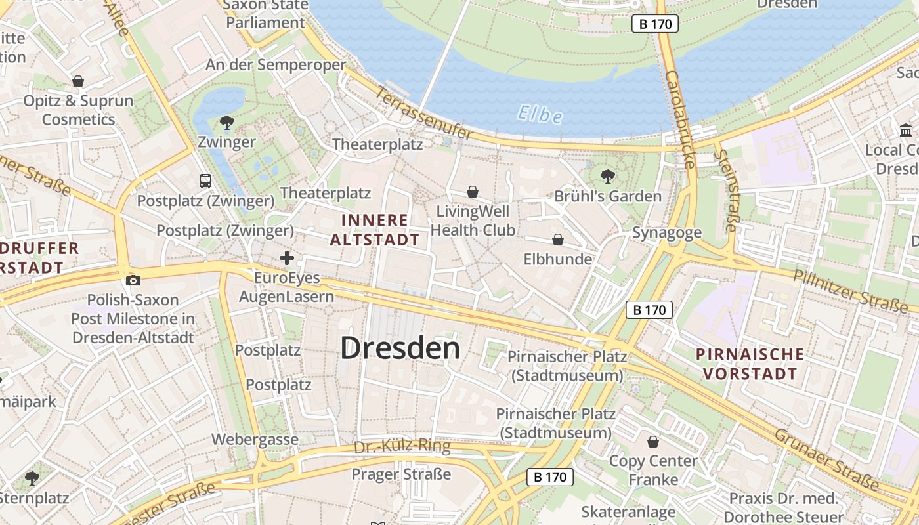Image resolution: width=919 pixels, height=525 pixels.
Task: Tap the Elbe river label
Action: pos(540,115)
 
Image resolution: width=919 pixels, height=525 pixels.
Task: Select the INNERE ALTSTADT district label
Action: pos(374,230)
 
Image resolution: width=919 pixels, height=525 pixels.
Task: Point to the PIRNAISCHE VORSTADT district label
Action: pos(750,364)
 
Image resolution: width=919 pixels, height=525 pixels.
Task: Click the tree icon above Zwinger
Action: pos(227,122)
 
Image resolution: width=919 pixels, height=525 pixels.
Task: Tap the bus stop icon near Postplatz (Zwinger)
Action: pos(205,180)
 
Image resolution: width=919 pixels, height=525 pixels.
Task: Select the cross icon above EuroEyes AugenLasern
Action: pos(287,258)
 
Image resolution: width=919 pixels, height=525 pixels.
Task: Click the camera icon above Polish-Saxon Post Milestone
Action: pos(133,281)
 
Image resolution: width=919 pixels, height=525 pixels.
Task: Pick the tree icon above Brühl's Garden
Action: pos(608,176)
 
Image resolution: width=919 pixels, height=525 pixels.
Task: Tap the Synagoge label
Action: pos(667,232)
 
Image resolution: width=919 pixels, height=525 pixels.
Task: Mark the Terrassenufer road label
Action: pos(423,113)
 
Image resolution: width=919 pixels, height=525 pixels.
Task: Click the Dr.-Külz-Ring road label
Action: pos(402,447)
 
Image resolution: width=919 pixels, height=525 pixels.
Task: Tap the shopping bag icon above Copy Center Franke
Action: pos(653,442)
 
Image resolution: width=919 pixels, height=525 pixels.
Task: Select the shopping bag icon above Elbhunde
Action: pos(557,240)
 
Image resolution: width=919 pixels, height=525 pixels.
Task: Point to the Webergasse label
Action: pos(255,440)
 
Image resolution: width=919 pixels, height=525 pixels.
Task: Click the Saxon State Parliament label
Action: pos(266,13)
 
